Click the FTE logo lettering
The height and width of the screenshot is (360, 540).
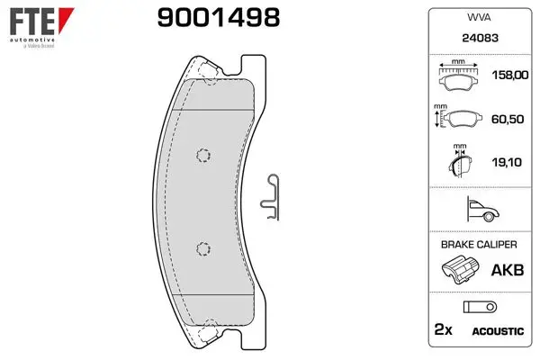[31, 22]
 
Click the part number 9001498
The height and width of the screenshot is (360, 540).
[219, 18]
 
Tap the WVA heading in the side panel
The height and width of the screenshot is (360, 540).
[479, 17]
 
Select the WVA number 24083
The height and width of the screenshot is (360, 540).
[480, 38]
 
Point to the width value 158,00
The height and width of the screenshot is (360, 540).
[510, 75]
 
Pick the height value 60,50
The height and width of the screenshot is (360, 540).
[508, 119]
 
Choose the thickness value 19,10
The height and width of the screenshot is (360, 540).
[507, 162]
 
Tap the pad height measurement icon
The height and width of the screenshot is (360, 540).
[458, 116]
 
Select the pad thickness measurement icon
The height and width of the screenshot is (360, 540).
[460, 160]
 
